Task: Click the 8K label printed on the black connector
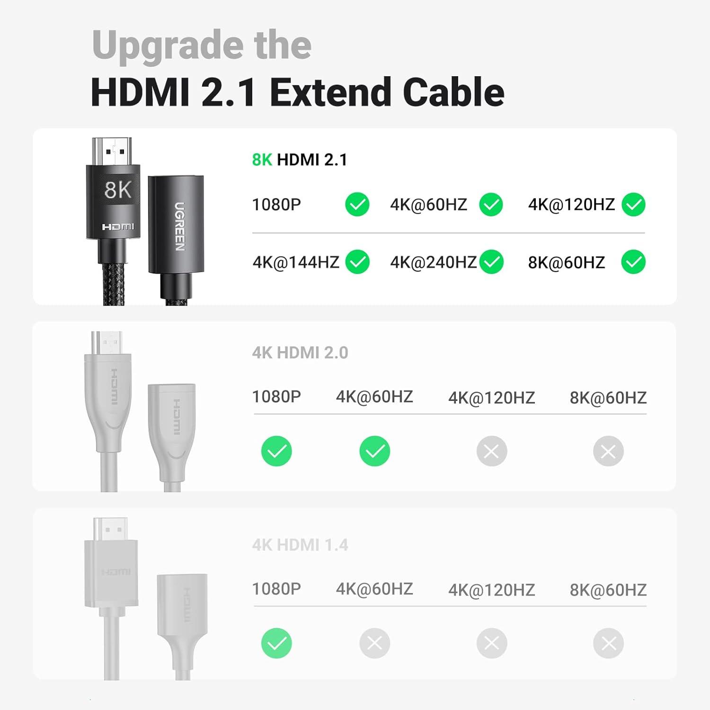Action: tap(117, 190)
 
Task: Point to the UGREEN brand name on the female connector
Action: tap(179, 226)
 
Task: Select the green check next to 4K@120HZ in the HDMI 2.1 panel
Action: tap(633, 205)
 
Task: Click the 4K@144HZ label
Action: tap(296, 262)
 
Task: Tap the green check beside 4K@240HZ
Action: tap(491, 262)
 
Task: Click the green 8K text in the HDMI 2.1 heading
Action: tap(262, 160)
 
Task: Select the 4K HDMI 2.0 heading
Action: tap(300, 353)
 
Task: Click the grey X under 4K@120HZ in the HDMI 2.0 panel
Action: tap(491, 451)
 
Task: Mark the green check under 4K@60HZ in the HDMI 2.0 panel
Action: tap(374, 451)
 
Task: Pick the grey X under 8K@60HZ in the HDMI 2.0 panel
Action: tap(608, 451)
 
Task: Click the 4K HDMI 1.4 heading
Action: tap(300, 545)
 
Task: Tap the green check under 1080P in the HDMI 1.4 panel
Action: tap(276, 643)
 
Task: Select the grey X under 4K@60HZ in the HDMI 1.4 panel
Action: tap(374, 643)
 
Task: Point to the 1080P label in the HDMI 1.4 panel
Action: tap(276, 589)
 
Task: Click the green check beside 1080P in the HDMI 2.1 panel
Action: tap(357, 205)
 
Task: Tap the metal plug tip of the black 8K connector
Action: tap(112, 151)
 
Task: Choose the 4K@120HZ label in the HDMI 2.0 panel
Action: tap(491, 398)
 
